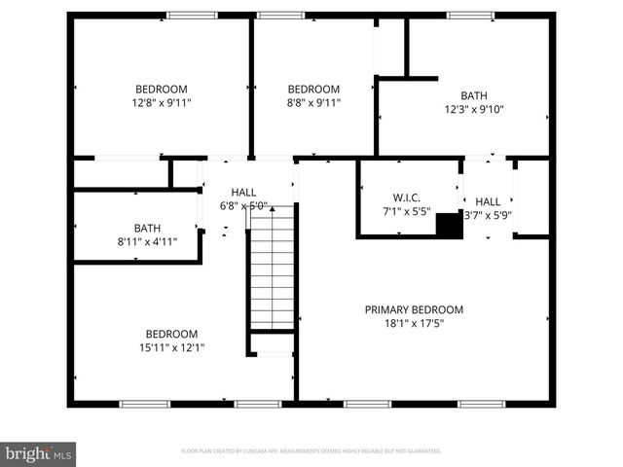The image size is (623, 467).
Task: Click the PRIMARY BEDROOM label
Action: click(414, 309)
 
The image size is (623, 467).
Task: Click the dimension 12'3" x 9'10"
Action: click(474, 110)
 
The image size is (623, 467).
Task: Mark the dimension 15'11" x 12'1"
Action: click(171, 347)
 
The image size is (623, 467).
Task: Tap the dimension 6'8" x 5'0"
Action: click(243, 206)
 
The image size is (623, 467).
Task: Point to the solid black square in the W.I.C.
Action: click(448, 225)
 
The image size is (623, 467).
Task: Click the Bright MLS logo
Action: click(39, 452)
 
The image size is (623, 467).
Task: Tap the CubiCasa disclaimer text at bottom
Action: click(311, 451)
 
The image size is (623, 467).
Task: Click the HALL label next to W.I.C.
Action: click(488, 201)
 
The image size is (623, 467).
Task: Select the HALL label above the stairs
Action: click(243, 193)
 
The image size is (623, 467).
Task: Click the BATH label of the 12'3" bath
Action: click(474, 95)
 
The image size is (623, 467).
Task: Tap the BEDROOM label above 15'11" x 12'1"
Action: click(171, 333)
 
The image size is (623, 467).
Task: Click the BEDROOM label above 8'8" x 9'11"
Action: click(313, 89)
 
